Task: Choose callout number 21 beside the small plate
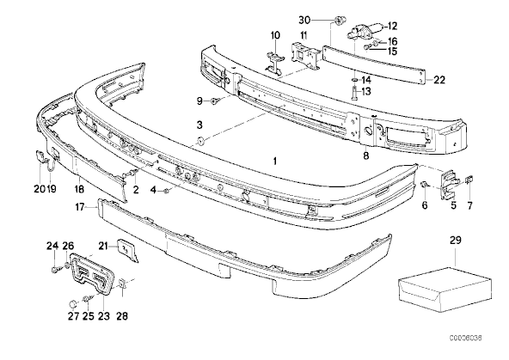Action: coord(103,245)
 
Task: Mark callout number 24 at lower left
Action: coord(51,247)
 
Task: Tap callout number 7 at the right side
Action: coord(470,207)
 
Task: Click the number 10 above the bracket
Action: coord(277,35)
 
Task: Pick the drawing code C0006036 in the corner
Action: coord(476,351)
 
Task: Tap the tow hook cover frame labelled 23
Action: coord(89,274)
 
